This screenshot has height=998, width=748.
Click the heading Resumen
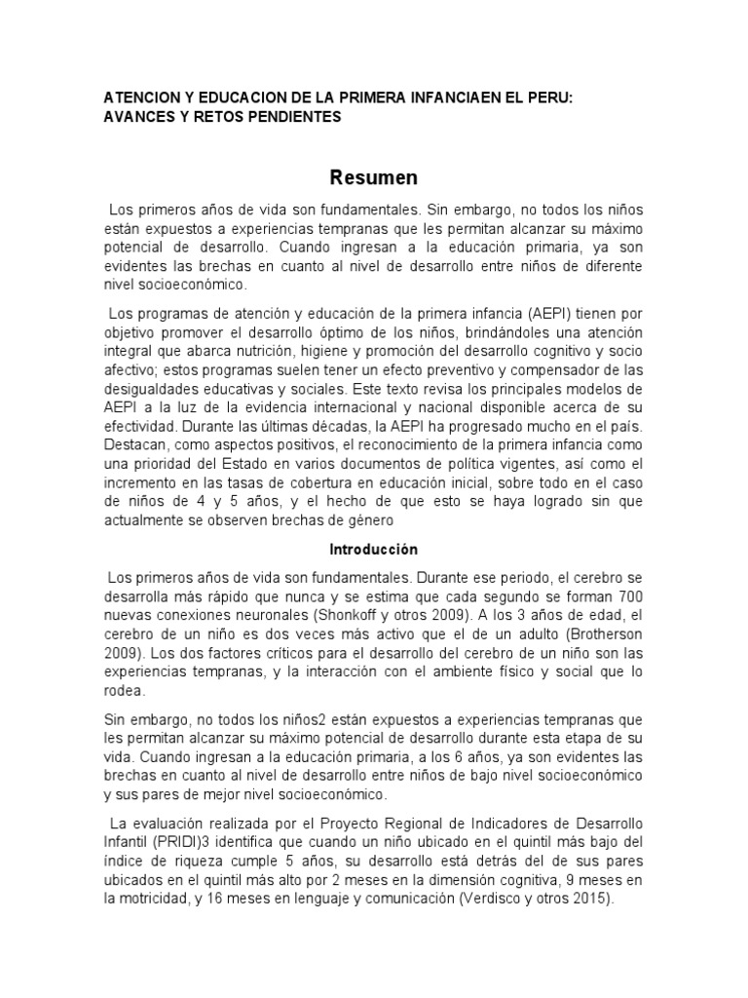click(x=373, y=177)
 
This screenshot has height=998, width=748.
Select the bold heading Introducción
click(x=373, y=549)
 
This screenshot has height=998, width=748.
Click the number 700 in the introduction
click(x=624, y=595)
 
